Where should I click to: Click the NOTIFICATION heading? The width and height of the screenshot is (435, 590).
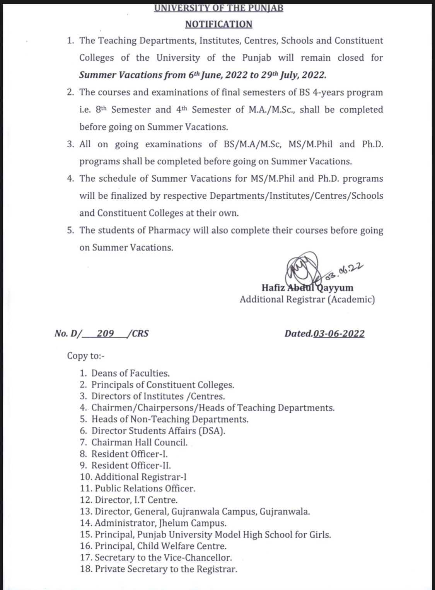click(x=218, y=24)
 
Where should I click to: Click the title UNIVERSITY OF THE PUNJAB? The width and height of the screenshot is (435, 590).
click(x=218, y=8)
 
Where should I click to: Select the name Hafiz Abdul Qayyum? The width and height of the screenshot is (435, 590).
click(x=307, y=288)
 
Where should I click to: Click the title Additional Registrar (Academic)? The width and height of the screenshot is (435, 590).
click(x=307, y=299)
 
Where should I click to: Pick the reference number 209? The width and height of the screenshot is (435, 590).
click(x=105, y=333)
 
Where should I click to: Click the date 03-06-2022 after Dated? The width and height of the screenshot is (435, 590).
click(x=339, y=333)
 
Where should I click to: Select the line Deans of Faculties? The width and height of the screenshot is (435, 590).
click(x=130, y=373)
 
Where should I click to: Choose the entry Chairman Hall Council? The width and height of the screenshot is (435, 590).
click(x=139, y=442)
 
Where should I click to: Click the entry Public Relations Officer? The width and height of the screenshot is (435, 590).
click(x=145, y=488)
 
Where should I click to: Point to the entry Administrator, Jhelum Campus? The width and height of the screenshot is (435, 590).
click(x=160, y=523)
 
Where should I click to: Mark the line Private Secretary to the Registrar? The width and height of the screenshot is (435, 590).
click(x=166, y=569)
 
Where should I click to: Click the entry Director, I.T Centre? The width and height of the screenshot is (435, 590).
click(x=136, y=500)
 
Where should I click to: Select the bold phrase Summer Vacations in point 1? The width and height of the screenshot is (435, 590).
click(x=120, y=75)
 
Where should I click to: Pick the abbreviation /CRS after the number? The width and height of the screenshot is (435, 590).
click(x=140, y=333)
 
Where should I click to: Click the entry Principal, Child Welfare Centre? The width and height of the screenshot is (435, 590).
click(x=160, y=546)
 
